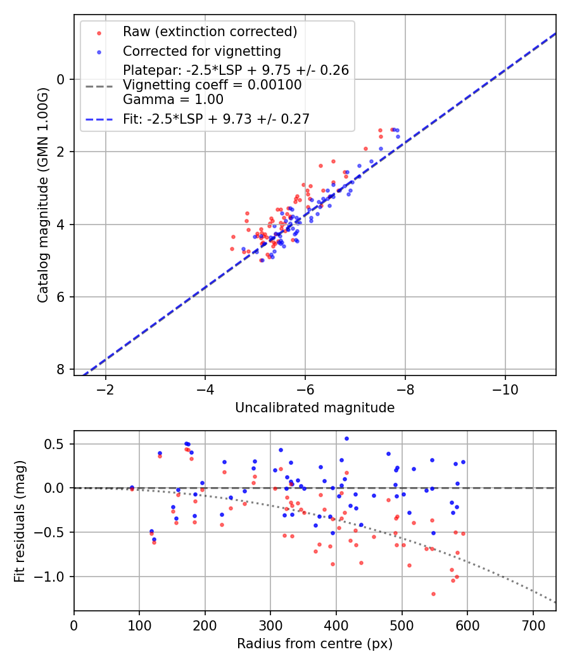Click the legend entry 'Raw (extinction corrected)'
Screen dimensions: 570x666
[210, 32]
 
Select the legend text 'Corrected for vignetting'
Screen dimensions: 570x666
[202, 51]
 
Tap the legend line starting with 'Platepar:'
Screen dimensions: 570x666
[236, 70]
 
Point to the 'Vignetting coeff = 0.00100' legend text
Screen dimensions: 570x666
[212, 85]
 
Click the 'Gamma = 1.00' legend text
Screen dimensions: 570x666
[173, 100]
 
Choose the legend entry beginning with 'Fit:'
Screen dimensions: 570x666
[217, 119]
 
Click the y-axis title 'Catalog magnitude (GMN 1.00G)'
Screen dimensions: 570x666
[43, 195]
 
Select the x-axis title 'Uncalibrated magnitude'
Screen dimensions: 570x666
[315, 408]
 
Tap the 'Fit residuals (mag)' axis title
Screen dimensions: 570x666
[19, 521]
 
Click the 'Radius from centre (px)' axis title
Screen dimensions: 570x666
[315, 644]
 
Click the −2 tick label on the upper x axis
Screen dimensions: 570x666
[105, 389]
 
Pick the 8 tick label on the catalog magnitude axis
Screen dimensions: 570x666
[61, 370]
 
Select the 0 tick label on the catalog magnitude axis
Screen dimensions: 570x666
[61, 79]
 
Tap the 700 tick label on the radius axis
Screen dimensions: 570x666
[533, 625]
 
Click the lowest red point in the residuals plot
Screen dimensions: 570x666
[433, 594]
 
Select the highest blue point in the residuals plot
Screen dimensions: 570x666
[346, 438]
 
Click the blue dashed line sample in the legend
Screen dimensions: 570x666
[99, 119]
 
